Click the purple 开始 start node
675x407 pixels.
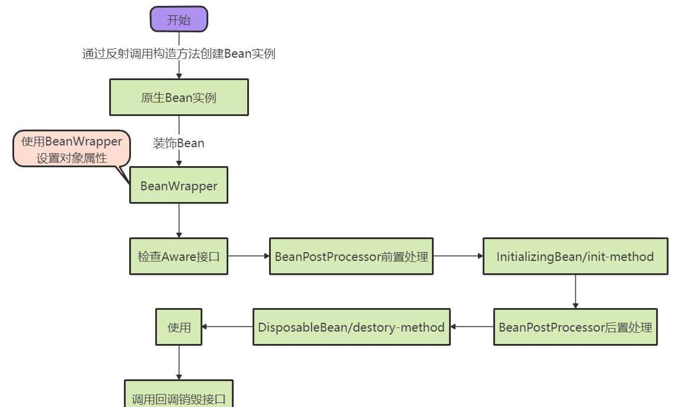(x=179, y=19)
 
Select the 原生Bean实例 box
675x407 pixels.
(x=179, y=97)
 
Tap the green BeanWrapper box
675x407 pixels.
(x=179, y=186)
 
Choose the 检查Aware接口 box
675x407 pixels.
(x=179, y=256)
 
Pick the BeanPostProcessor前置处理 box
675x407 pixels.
(x=351, y=256)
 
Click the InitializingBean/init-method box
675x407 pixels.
(x=575, y=256)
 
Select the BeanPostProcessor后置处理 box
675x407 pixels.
(x=575, y=327)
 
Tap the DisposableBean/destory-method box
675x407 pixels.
(x=351, y=327)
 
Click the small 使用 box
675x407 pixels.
(x=179, y=327)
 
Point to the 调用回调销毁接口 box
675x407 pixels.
(x=179, y=398)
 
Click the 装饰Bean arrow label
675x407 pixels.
(x=179, y=143)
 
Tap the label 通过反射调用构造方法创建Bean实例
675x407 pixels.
(x=179, y=54)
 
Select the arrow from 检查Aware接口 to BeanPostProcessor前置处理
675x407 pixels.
(x=248, y=256)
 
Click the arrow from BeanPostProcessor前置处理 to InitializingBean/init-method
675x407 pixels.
(x=458, y=256)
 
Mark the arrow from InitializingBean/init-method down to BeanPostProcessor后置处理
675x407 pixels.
(x=575, y=292)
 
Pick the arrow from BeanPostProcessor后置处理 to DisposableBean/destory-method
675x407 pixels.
(x=472, y=327)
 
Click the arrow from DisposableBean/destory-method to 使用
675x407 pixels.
(x=227, y=327)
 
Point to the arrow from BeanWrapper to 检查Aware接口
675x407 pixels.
(x=179, y=221)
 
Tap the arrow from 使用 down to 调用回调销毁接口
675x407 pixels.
(x=179, y=362)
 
